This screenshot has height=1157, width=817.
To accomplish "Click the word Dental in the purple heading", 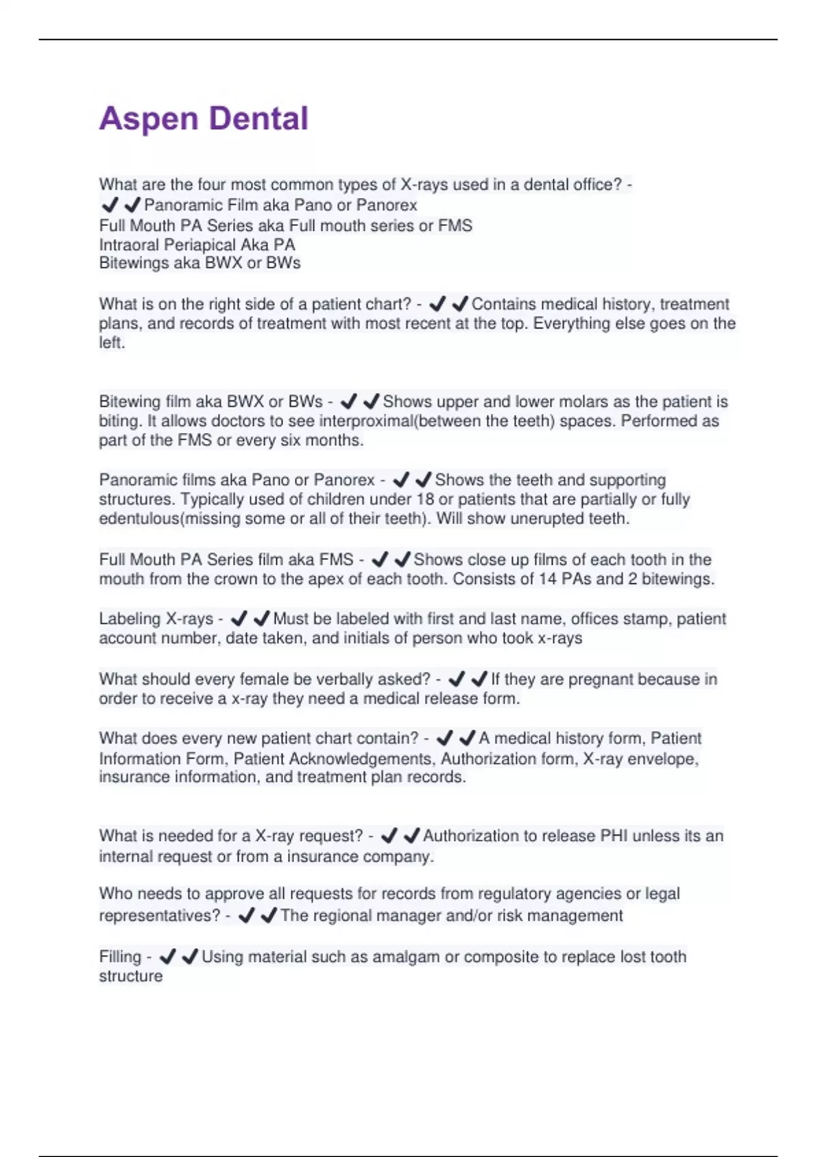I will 259,119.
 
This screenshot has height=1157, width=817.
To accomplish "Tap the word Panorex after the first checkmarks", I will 387,206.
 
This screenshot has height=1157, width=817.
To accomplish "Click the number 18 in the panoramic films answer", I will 425,500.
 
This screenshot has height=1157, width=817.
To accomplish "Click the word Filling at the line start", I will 120,957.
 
